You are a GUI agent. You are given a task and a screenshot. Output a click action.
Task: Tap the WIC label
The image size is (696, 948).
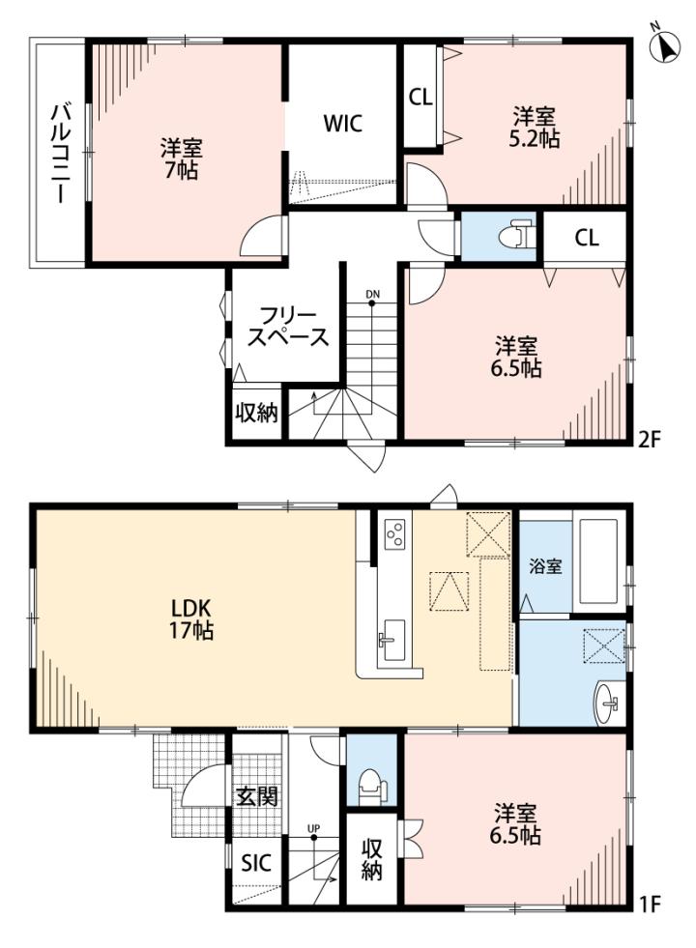(x=343, y=124)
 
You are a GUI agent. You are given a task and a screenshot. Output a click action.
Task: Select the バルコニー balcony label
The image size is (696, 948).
(x=60, y=154)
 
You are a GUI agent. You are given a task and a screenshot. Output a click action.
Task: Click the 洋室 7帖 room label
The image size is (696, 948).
(x=181, y=158)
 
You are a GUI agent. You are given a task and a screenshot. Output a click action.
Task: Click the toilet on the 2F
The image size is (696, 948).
(x=518, y=235)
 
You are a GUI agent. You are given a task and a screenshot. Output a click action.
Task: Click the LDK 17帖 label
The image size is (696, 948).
(x=190, y=618)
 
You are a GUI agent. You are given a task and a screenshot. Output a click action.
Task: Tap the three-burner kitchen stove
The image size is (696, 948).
(x=394, y=533)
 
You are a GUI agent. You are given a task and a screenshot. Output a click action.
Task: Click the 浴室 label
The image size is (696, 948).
(x=545, y=566)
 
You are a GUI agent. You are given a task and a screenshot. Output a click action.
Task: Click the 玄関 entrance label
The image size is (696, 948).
(x=257, y=795)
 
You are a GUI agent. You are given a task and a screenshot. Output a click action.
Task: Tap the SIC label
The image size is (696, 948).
(x=256, y=863)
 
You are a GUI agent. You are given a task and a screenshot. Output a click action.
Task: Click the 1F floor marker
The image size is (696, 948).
(x=649, y=905)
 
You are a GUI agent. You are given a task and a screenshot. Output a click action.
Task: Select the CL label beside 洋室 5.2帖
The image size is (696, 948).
(x=420, y=97)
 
